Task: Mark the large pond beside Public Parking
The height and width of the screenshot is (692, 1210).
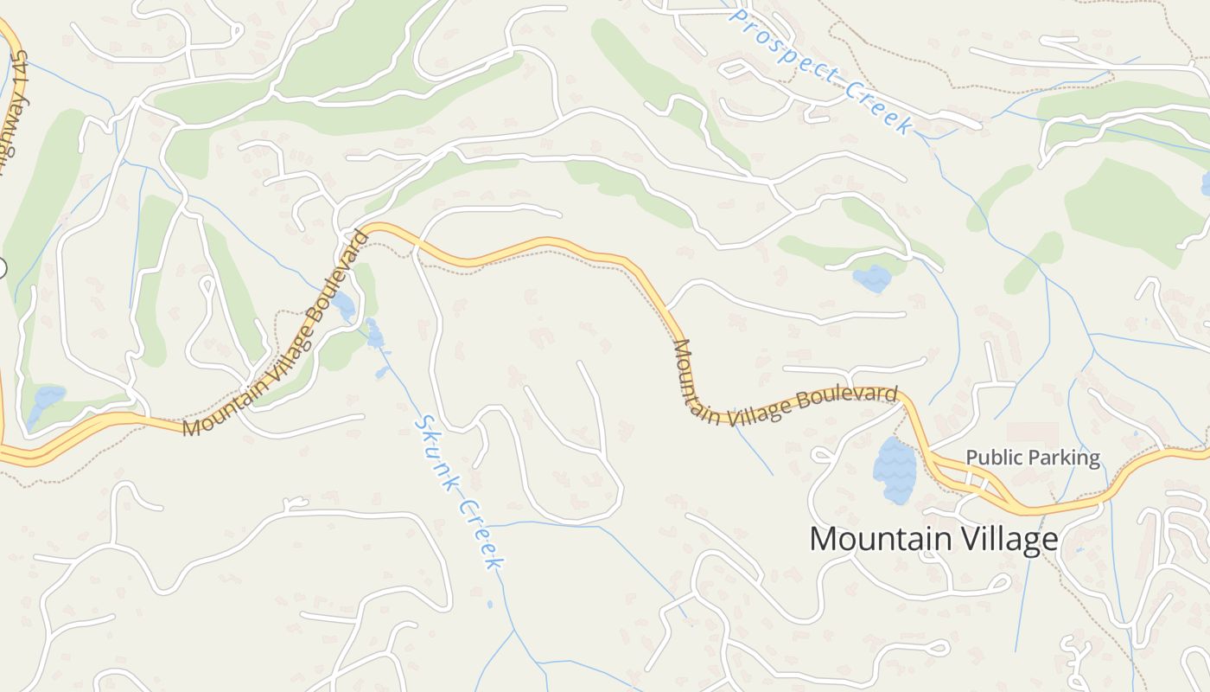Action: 894,470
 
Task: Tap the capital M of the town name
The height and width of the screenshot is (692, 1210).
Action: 824,539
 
